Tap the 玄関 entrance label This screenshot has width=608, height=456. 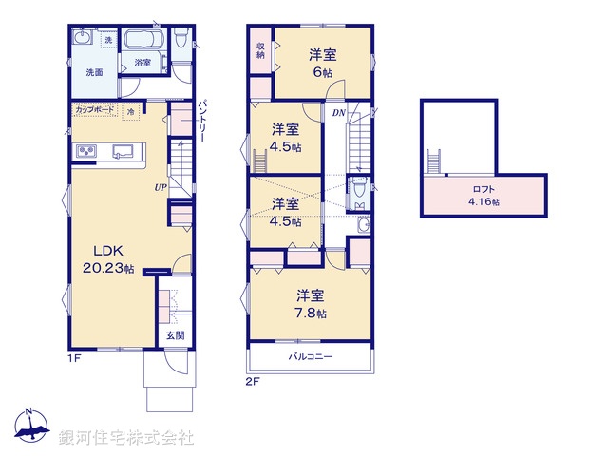click(175, 335)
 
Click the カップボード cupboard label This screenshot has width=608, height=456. click(96, 110)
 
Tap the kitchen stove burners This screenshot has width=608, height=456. click(85, 152)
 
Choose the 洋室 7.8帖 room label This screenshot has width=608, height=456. click(311, 303)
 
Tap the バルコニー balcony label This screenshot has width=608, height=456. click(310, 355)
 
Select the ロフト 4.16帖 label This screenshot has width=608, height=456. click(484, 194)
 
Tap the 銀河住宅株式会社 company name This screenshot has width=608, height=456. click(125, 438)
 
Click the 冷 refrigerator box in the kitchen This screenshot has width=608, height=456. click(130, 111)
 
